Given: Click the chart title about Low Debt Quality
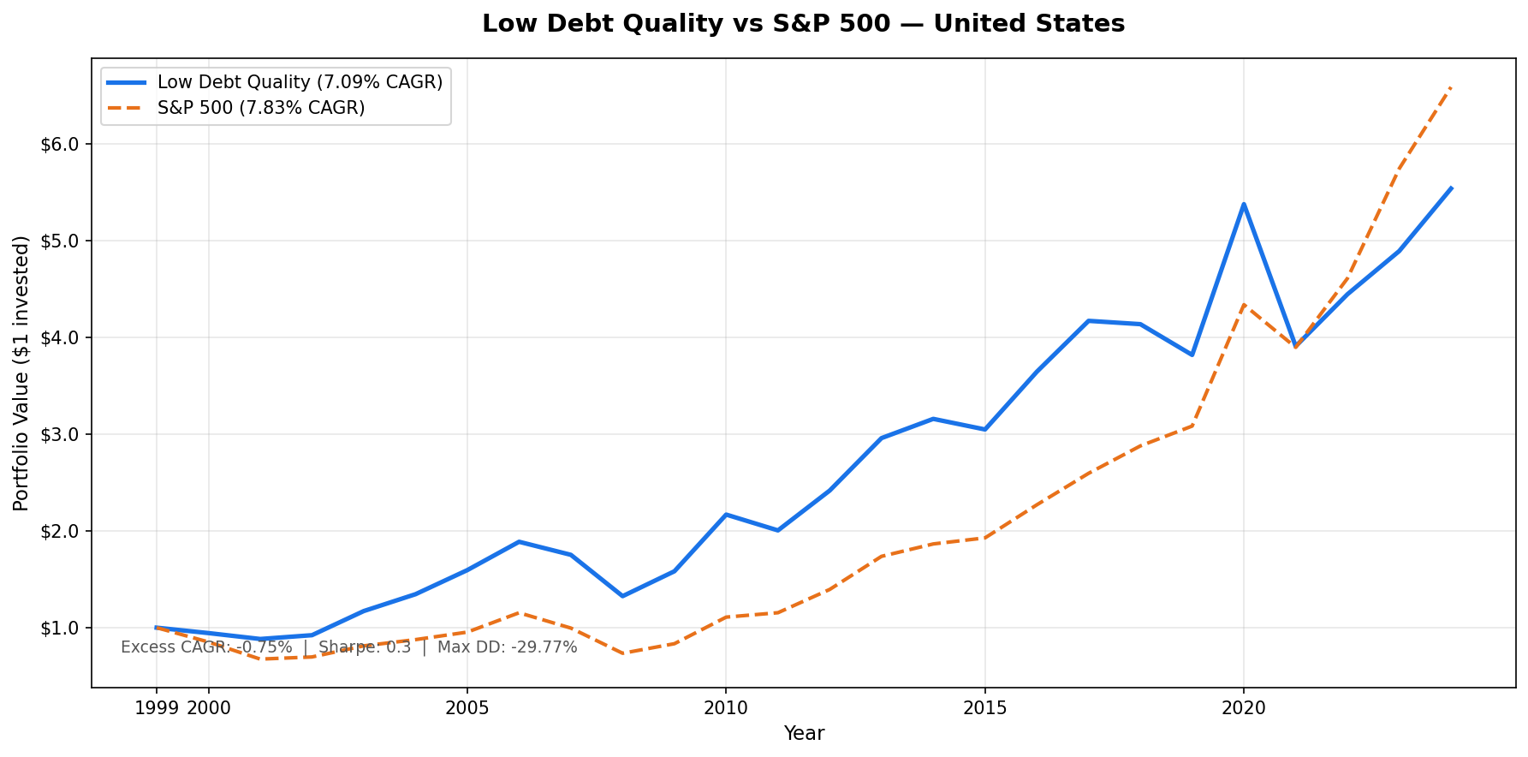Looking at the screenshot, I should [x=803, y=24].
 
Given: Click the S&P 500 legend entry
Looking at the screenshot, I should [x=261, y=108].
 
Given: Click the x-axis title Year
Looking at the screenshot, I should [x=804, y=734].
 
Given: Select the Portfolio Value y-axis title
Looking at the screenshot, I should [x=22, y=373].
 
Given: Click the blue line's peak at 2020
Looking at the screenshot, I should [x=1244, y=204].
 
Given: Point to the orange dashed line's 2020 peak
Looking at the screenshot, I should [x=1244, y=305].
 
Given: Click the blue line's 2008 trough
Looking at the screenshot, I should [x=622, y=596].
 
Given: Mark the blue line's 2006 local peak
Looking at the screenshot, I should [x=519, y=541].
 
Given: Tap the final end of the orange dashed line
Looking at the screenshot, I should [x=1451, y=86].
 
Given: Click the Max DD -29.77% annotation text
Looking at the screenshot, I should [x=507, y=647].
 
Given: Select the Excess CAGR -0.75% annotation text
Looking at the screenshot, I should [x=206, y=647].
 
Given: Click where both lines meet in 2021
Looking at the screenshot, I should [x=1296, y=347].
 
